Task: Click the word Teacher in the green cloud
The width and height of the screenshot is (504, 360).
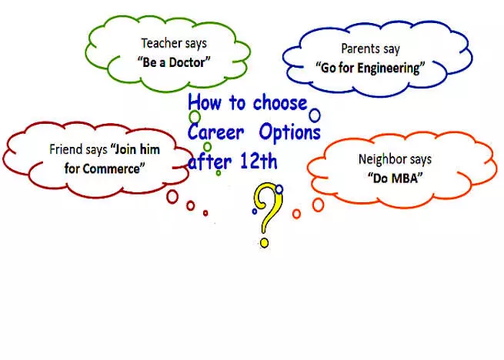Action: tap(157, 43)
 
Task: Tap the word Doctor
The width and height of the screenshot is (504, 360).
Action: tap(189, 62)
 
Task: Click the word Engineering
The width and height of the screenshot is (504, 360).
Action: tap(390, 68)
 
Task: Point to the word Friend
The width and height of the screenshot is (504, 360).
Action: tap(62, 149)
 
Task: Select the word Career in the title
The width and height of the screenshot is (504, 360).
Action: tap(215, 132)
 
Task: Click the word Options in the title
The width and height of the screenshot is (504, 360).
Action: tap(290, 132)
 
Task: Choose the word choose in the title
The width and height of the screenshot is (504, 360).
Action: tap(279, 103)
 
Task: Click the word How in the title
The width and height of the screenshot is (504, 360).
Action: tap(205, 102)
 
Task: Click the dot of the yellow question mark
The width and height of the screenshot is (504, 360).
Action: tap(264, 242)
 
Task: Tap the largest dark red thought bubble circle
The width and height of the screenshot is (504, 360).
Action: tap(172, 196)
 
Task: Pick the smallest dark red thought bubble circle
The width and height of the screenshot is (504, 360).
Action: tap(205, 213)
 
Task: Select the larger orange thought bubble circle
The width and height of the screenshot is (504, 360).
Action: tap(319, 205)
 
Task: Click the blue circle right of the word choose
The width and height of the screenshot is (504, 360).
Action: tap(315, 115)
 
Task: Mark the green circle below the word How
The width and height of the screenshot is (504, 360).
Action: tap(195, 117)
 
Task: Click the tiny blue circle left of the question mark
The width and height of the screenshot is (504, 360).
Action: tap(255, 212)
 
